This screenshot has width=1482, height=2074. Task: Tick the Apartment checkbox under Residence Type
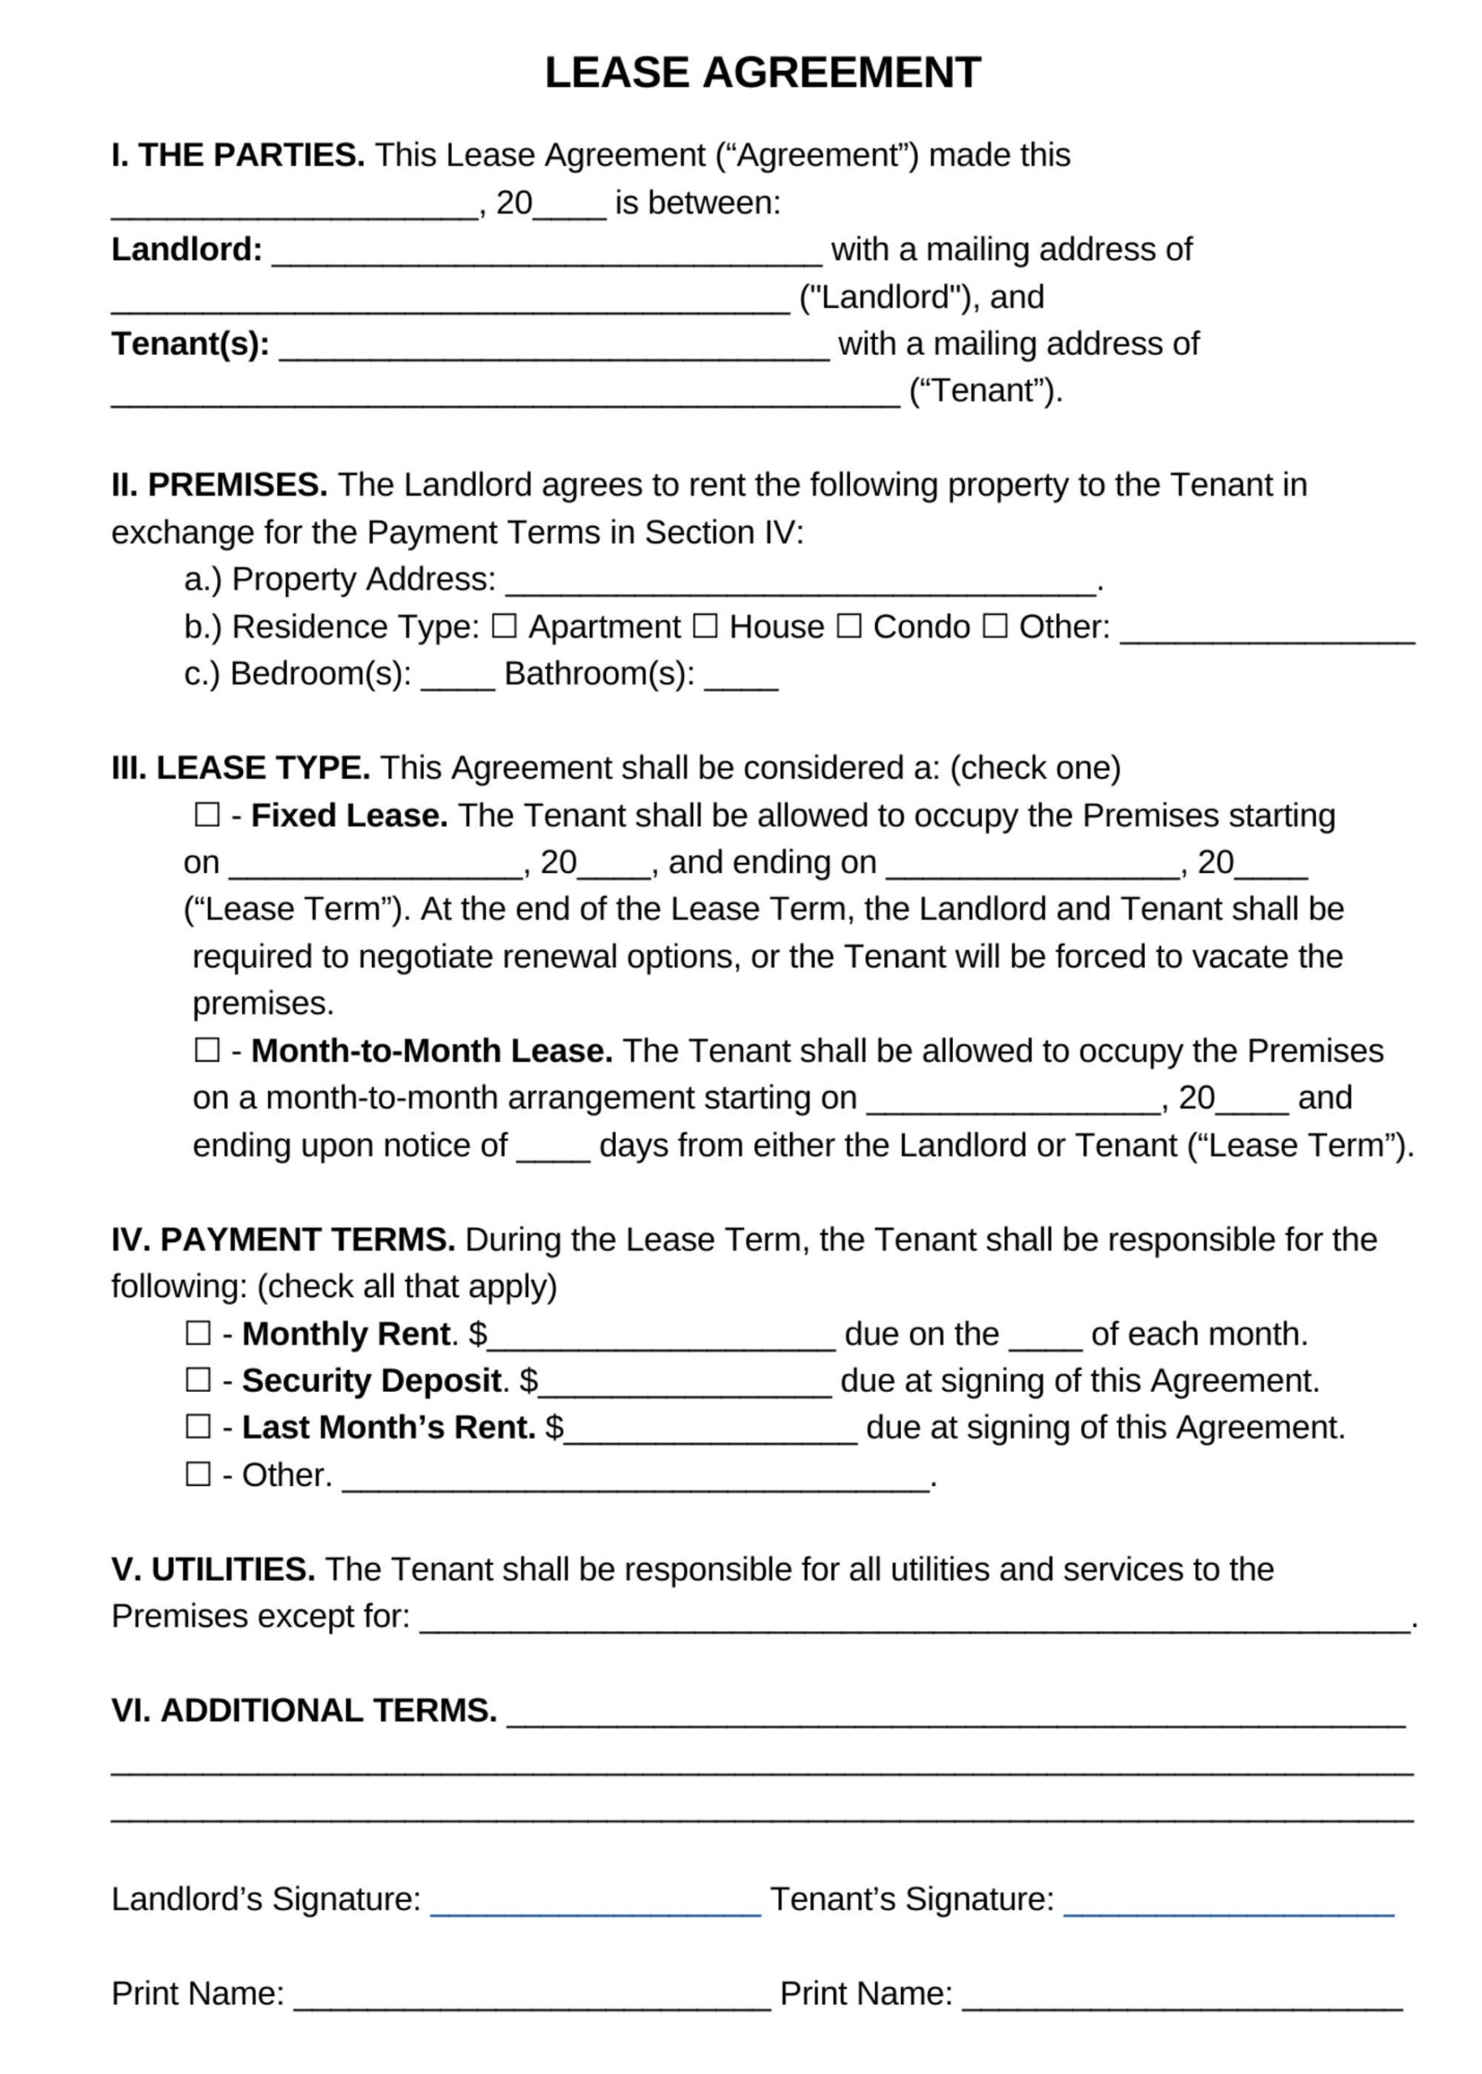(x=504, y=626)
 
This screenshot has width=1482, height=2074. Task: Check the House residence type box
(x=704, y=626)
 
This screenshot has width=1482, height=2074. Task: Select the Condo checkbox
(x=848, y=626)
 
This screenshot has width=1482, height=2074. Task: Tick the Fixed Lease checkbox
(x=207, y=815)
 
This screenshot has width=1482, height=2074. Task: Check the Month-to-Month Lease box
(x=207, y=1050)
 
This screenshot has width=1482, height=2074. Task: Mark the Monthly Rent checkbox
(x=198, y=1333)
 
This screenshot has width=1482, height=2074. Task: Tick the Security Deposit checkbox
(x=198, y=1380)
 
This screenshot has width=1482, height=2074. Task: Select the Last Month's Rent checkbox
(x=198, y=1426)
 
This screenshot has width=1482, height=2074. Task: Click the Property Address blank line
(x=801, y=584)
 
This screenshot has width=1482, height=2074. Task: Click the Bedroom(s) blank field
(x=457, y=679)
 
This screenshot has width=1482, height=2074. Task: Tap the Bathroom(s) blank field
(x=741, y=679)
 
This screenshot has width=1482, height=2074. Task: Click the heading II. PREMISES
(x=219, y=484)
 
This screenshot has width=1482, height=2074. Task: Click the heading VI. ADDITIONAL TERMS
(x=304, y=1710)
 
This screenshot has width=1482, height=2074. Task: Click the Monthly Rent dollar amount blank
(x=662, y=1338)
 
